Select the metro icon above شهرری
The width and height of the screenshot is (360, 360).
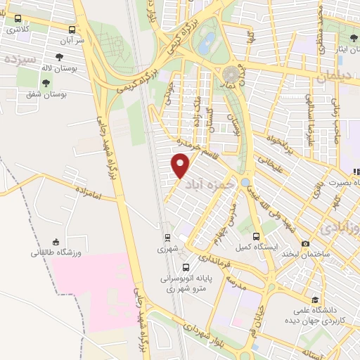[x=167, y=238]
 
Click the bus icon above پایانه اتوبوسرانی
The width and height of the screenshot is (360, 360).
[x=186, y=267]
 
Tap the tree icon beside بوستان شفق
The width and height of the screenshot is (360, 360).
[x=46, y=83]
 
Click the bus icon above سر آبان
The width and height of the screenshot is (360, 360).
[x=72, y=30]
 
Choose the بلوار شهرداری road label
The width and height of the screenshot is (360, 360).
[x=204, y=332]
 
